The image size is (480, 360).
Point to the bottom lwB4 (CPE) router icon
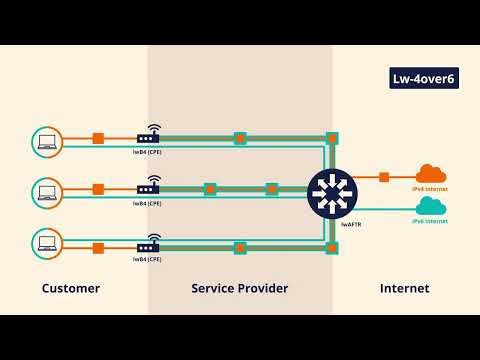click(x=148, y=244)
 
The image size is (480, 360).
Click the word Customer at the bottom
click(x=70, y=288)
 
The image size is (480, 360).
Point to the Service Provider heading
click(x=240, y=288)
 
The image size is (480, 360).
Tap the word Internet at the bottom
click(x=404, y=288)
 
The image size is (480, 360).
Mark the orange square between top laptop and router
click(x=98, y=138)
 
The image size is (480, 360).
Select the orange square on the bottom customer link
click(x=98, y=247)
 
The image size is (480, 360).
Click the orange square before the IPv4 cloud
click(x=384, y=178)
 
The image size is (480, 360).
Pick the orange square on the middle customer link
click(x=98, y=188)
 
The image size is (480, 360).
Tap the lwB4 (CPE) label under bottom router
click(x=148, y=258)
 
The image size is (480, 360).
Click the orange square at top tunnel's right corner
click(x=332, y=138)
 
